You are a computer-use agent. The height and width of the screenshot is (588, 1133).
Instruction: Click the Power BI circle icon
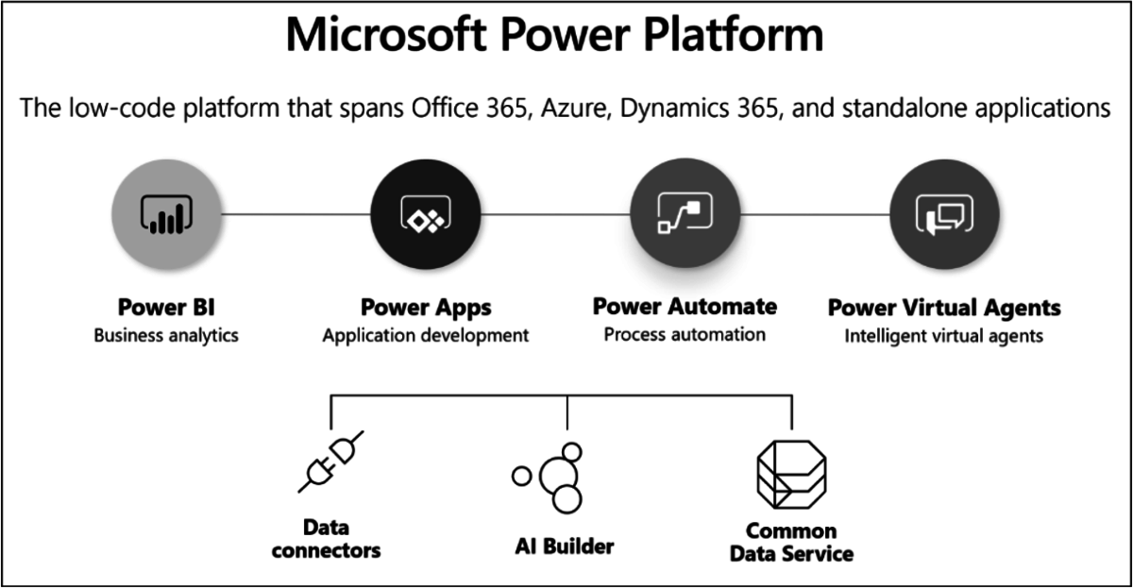click(166, 214)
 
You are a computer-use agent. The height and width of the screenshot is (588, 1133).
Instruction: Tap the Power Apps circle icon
click(426, 214)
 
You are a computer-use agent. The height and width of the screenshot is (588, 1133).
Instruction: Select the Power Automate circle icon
click(685, 213)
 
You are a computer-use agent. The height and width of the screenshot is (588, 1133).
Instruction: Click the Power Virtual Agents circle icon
click(944, 214)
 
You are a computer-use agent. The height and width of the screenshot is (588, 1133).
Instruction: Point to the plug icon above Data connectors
click(330, 462)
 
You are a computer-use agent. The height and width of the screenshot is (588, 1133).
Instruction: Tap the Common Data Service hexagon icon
click(791, 474)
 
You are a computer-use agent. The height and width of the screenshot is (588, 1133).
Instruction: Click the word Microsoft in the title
click(386, 35)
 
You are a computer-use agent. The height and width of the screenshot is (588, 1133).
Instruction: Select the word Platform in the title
click(734, 35)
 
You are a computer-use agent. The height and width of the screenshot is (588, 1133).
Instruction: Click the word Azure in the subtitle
click(574, 108)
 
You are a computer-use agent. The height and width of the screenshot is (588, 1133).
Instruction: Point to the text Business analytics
click(166, 336)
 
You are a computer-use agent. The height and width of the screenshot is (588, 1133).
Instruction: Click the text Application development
click(426, 336)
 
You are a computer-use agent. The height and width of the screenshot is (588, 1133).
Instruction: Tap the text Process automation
click(685, 335)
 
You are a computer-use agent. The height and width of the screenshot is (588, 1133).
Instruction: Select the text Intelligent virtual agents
click(944, 336)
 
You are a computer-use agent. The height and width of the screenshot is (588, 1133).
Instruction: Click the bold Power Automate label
click(685, 307)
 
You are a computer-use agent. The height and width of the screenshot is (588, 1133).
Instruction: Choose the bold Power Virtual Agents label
click(944, 308)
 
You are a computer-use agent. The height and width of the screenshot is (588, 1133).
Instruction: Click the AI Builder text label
click(565, 546)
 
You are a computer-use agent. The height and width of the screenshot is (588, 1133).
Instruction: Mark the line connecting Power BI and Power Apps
click(296, 214)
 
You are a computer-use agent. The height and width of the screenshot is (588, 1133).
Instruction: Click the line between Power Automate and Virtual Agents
click(815, 214)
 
